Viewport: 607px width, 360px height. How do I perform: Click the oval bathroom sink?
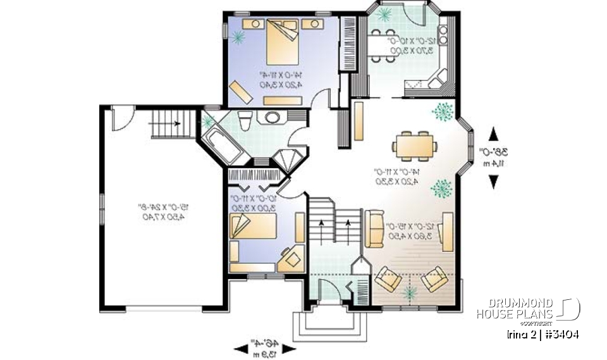[x=274, y=117]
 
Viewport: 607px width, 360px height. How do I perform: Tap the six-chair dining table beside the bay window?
[x=414, y=144]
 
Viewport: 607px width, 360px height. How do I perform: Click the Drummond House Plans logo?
[x=529, y=309]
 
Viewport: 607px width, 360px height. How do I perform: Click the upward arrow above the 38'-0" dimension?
[x=493, y=134]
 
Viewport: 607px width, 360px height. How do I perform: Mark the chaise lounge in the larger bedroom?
[x=240, y=91]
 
